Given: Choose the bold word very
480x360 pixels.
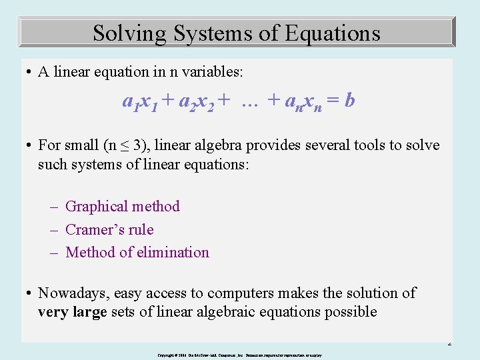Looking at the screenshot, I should (x=53, y=312).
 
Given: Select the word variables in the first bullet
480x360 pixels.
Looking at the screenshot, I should (x=217, y=72).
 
